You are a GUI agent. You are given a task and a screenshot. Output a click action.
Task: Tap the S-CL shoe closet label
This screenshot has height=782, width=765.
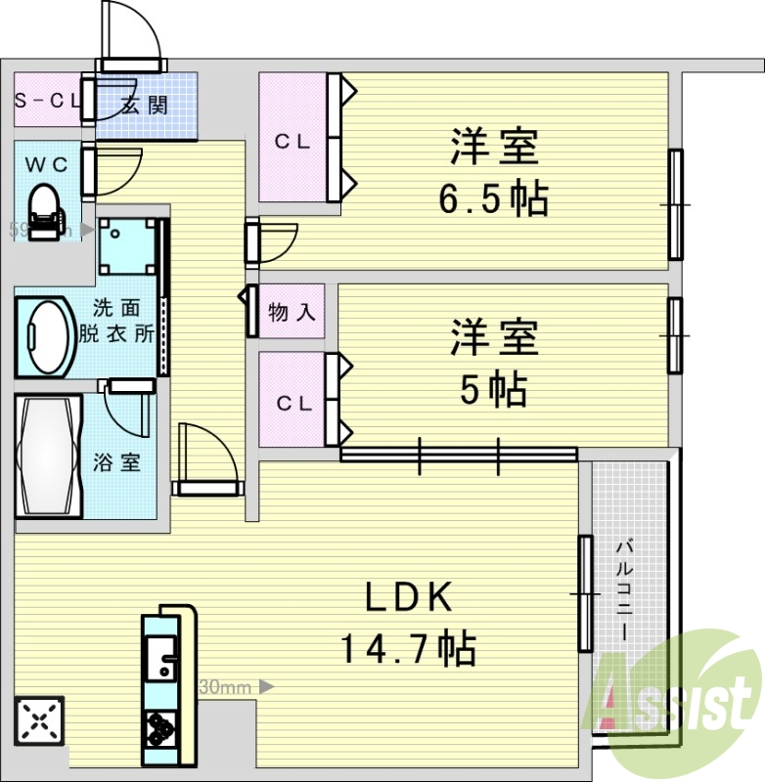point(46,100)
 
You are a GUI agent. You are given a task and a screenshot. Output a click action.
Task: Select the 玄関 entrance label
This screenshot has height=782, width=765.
point(144,104)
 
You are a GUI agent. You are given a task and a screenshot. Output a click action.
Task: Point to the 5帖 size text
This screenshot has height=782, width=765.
point(494,390)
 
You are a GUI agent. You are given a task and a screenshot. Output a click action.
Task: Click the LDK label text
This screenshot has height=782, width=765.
point(408,596)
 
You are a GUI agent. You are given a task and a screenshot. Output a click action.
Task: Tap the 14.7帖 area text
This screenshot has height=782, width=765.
point(408,647)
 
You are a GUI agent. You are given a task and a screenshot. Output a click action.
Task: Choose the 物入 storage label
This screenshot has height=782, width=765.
point(292,313)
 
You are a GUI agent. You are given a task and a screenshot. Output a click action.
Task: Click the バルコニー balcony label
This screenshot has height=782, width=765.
point(624,592)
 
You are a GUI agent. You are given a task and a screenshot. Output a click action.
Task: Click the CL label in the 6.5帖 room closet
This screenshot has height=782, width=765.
point(292,142)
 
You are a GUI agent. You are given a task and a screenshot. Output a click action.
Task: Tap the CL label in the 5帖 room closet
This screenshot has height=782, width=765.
point(292,403)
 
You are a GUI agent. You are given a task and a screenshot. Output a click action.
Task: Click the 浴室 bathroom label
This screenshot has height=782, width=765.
point(116,462)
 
